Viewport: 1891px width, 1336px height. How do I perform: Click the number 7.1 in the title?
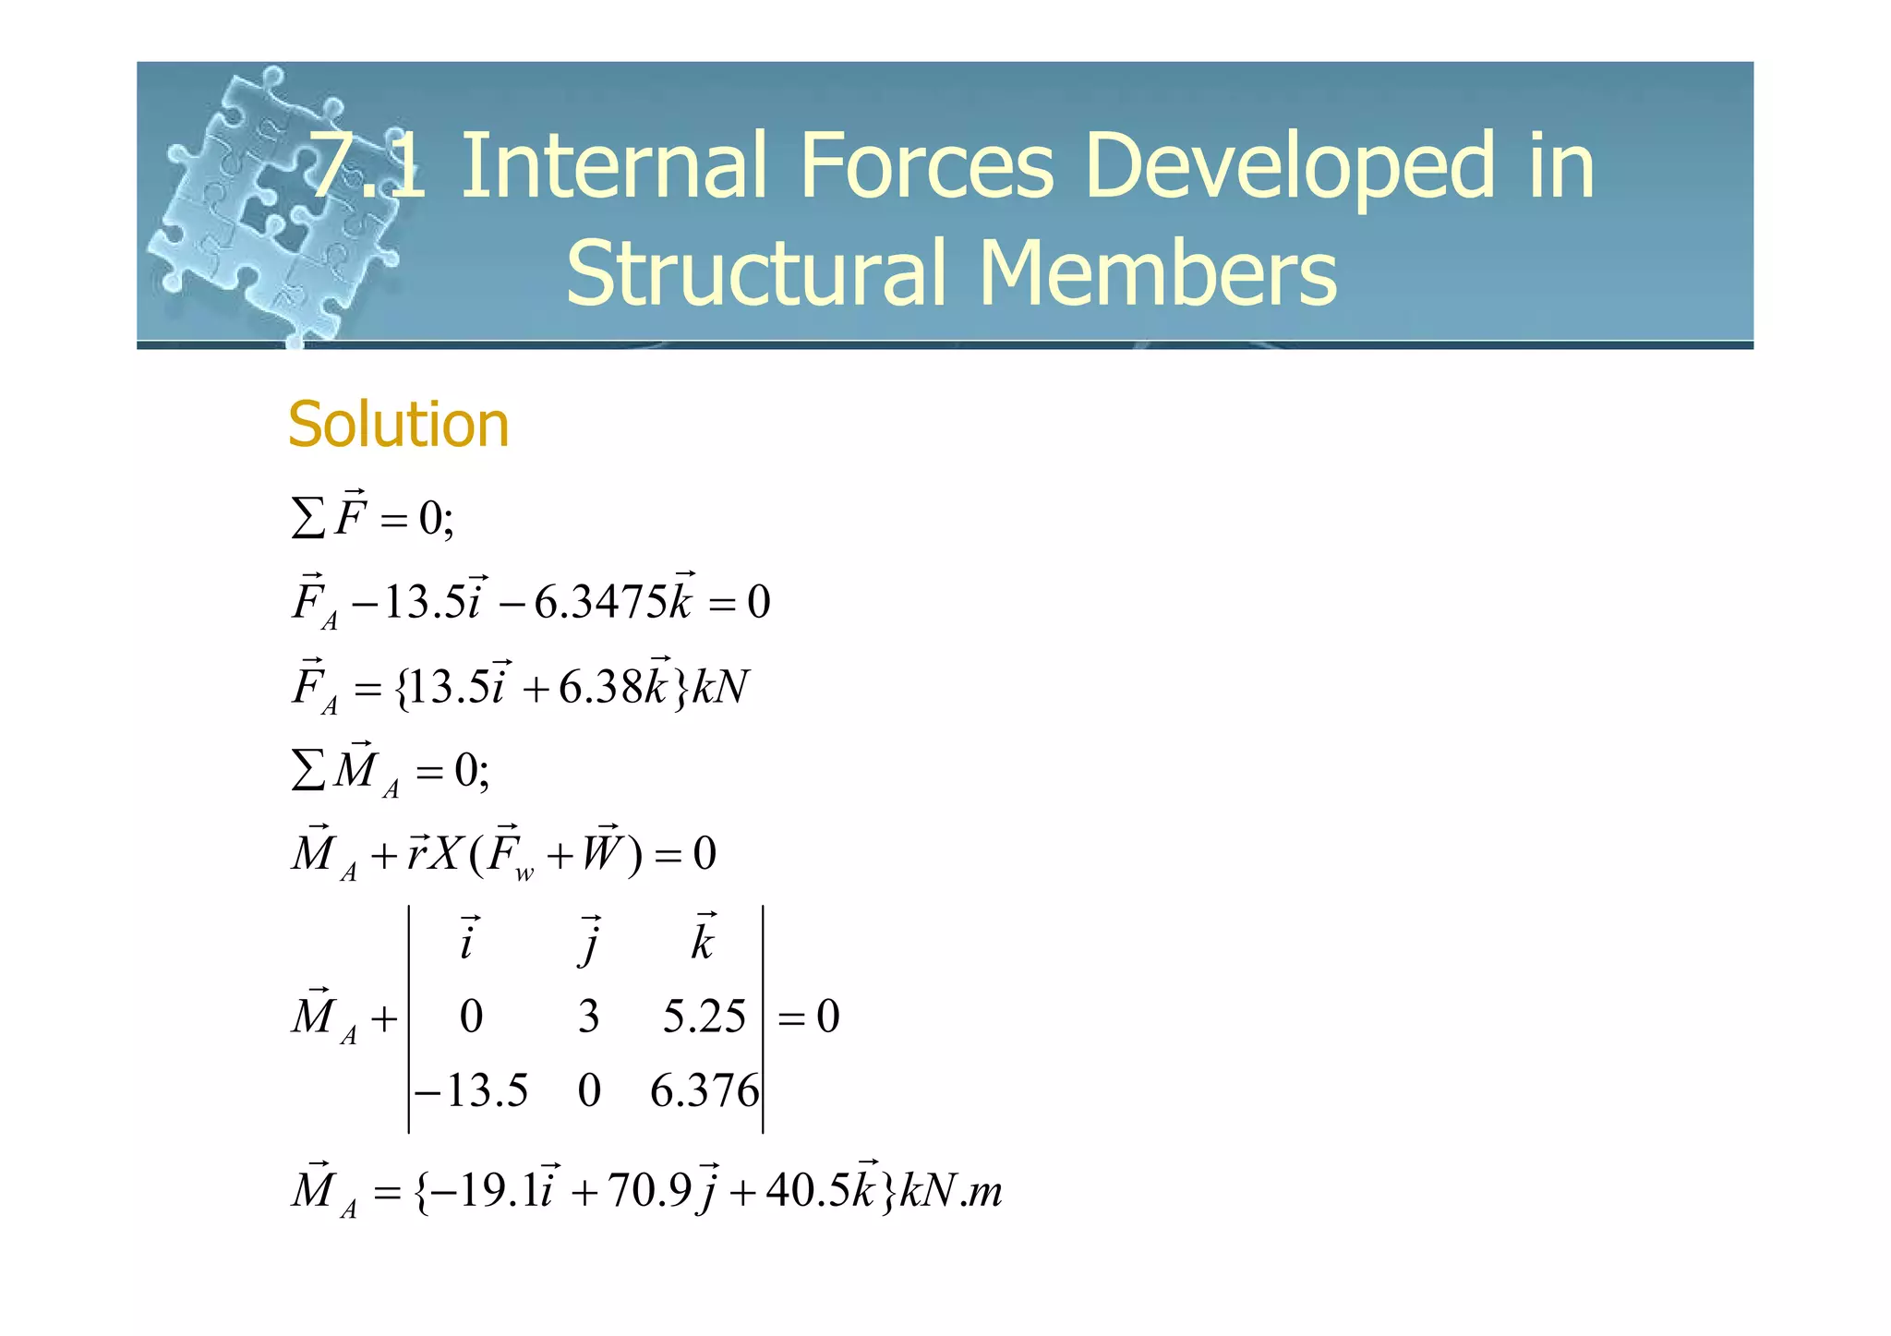[367, 166]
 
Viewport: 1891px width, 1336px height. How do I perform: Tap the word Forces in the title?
[926, 166]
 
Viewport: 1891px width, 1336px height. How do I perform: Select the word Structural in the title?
[756, 272]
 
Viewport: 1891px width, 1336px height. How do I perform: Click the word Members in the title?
[1158, 272]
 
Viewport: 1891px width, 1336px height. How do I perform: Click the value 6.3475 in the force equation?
[600, 603]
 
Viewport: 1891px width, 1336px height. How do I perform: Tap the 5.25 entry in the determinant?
[704, 1017]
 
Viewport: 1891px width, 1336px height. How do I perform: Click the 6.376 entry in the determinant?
[705, 1091]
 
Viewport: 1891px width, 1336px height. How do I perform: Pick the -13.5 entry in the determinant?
[472, 1091]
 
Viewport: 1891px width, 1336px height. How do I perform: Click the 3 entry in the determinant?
[589, 1017]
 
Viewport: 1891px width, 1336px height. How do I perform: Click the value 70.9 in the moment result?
[649, 1191]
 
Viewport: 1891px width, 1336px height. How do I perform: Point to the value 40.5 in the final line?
[807, 1191]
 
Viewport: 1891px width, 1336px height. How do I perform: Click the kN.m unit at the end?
[951, 1191]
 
